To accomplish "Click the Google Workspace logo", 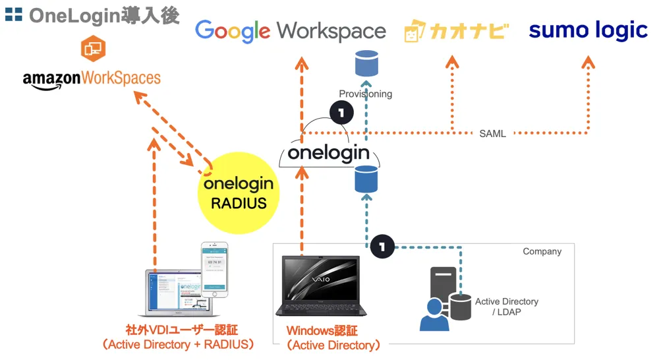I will click(291, 30).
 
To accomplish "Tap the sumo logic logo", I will click(588, 30).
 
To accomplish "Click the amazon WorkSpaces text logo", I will click(92, 78).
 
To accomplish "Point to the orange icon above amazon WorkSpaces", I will click(93, 48).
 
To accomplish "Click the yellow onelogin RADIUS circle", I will click(239, 191).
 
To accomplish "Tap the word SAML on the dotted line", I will click(492, 133).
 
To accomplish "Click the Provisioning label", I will click(365, 94).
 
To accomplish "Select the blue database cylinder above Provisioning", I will click(366, 63).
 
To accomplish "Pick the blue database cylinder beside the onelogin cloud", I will click(366, 179).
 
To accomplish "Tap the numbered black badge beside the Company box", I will click(383, 247).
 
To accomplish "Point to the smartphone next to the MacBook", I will click(214, 270).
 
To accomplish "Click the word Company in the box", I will click(542, 251).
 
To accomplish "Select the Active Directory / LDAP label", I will click(506, 306).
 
